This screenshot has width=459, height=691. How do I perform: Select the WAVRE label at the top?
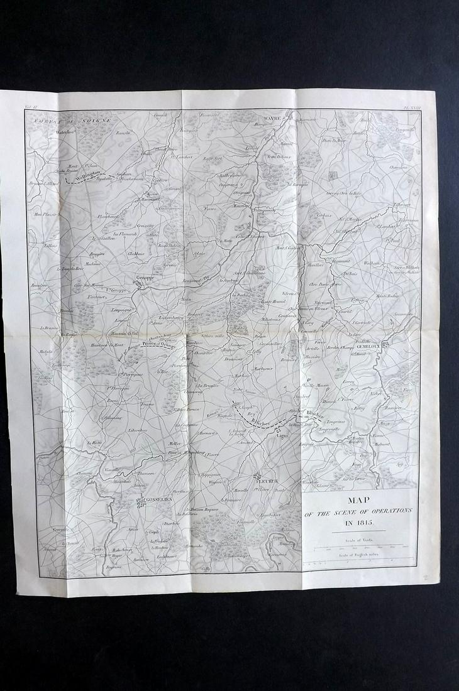click(x=270, y=117)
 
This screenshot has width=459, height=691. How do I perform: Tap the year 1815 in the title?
click(x=359, y=522)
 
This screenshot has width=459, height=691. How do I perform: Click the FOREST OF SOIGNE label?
click(x=73, y=119)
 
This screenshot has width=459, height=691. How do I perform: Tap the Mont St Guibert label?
click(x=289, y=248)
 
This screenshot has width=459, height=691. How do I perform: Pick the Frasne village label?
click(x=148, y=405)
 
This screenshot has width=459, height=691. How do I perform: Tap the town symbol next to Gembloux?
click(x=385, y=344)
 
